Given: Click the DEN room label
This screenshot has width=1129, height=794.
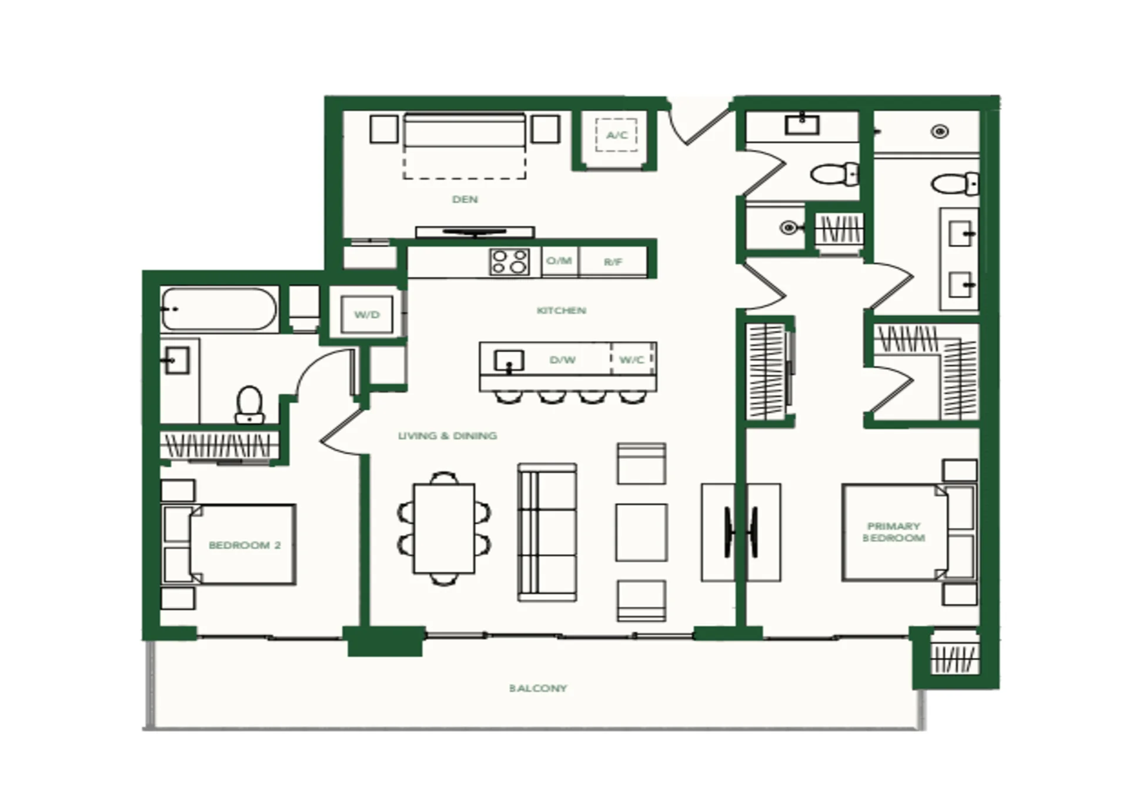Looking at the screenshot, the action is (x=465, y=199).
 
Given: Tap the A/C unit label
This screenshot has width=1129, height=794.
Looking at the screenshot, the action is (x=617, y=135).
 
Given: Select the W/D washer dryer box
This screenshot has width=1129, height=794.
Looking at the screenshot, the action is (x=367, y=315).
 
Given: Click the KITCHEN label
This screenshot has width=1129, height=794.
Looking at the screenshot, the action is (x=561, y=310).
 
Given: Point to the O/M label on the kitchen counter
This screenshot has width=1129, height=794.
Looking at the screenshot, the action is (x=559, y=261).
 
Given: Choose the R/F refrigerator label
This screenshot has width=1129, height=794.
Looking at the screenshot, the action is (x=613, y=262).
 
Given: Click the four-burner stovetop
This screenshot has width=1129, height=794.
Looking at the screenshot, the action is (x=509, y=262).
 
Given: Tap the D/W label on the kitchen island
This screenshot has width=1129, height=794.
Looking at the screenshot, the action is (x=562, y=359).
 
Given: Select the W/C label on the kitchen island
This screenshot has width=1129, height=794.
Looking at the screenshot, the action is (x=632, y=359).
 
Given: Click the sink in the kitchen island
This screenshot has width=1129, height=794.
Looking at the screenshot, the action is (x=509, y=361).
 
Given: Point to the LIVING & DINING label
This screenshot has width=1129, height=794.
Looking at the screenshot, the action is (x=447, y=436).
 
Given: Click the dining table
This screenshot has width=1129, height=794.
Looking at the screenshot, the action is (x=444, y=528).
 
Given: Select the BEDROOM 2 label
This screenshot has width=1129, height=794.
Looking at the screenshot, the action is (x=245, y=545).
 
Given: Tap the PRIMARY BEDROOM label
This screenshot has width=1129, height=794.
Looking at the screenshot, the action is (x=893, y=532).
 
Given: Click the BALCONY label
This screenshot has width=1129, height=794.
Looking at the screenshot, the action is (x=538, y=688).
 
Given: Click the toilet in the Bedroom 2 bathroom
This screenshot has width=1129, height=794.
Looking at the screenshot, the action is (x=250, y=405).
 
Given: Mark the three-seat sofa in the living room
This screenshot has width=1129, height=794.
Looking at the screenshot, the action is (x=547, y=532).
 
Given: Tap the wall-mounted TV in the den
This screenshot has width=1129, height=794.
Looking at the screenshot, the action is (x=475, y=232).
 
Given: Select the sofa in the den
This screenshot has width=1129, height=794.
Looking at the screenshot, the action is (x=465, y=131).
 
